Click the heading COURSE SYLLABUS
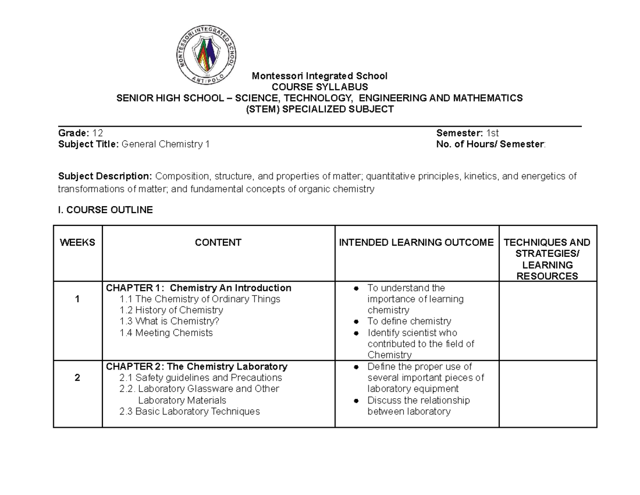point(319,87)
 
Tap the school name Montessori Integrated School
point(319,76)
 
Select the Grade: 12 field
point(81,133)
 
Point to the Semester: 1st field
point(467,133)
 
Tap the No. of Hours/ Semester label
point(491,144)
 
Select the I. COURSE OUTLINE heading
point(105,210)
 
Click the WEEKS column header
point(77,242)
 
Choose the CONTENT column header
point(218,242)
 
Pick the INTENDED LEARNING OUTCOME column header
point(417,242)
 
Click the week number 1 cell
point(77,299)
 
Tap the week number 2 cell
point(77,378)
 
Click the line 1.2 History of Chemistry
point(171,310)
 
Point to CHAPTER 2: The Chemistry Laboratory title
point(197,367)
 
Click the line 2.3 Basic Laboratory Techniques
point(190,411)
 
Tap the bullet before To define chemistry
point(356,321)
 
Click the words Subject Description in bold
point(105,176)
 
